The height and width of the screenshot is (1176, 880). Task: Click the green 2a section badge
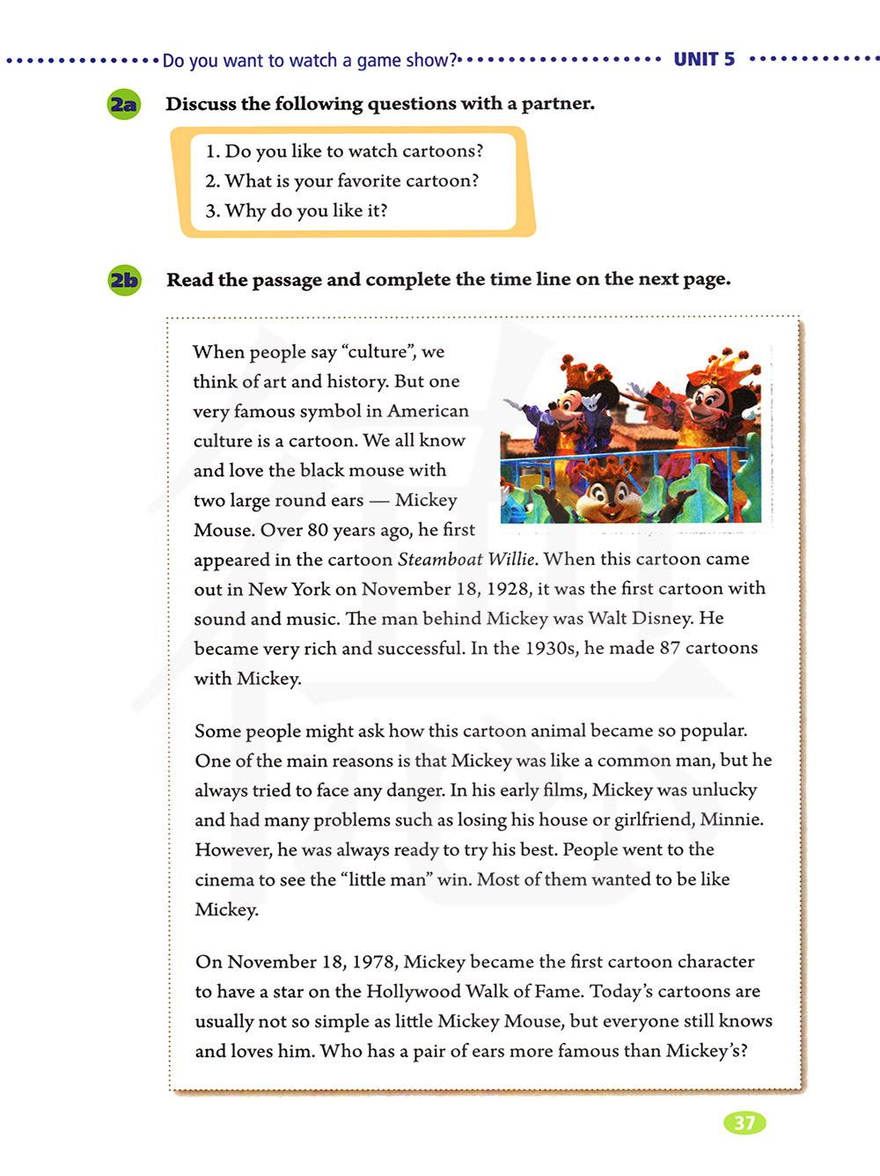(x=124, y=105)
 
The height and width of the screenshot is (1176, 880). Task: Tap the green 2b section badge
(x=124, y=280)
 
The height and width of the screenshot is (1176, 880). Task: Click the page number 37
(x=744, y=1122)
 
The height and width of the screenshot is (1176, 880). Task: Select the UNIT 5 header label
(x=704, y=59)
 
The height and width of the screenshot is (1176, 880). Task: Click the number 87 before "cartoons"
(x=670, y=648)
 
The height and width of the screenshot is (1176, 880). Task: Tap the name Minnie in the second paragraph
(x=733, y=820)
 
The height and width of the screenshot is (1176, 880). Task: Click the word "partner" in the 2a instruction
(x=557, y=104)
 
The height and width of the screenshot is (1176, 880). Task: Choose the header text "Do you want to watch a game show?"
(x=310, y=60)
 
